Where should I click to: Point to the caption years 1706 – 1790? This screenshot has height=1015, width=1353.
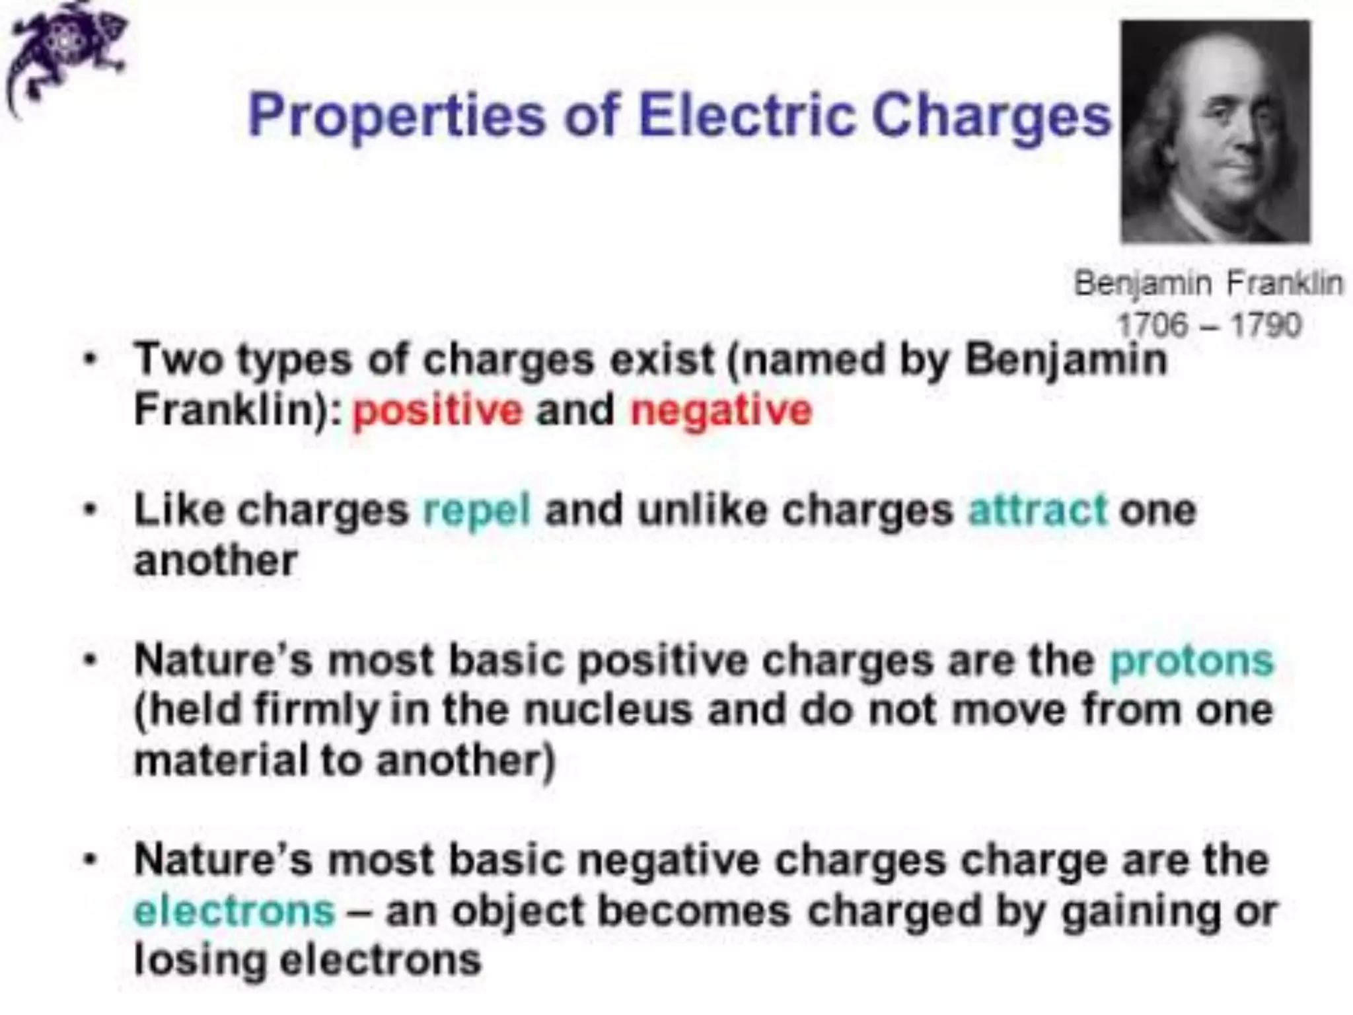pos(1208,324)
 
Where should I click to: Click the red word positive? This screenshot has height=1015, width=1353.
pos(437,410)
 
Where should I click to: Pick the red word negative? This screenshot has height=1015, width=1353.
pos(721,410)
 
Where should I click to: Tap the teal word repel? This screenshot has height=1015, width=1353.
pos(476,510)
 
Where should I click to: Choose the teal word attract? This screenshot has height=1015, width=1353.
pos(1037,510)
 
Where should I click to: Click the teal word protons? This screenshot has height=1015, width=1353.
pos(1191,660)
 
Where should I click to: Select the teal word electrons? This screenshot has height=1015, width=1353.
pos(235,911)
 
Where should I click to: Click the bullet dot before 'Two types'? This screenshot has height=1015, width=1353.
pos(91,361)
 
